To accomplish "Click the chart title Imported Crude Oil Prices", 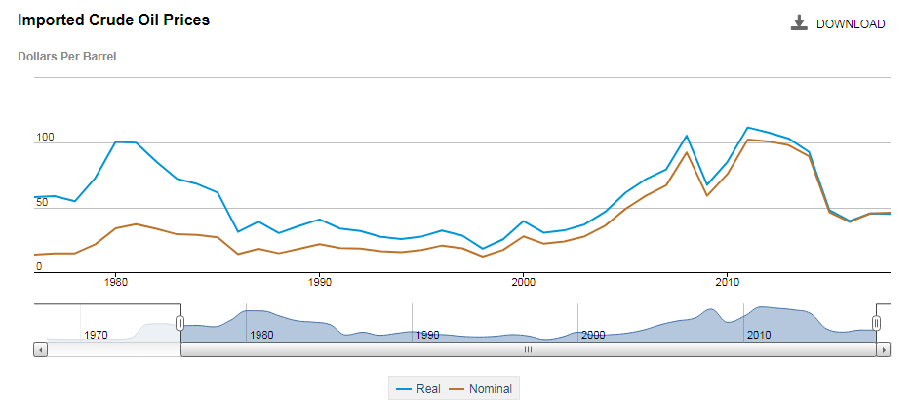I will point(114,20).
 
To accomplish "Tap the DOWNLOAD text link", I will point(851,24).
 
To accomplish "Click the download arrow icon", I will point(799,23).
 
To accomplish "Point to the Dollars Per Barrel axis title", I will point(67,57).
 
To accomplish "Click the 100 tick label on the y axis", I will point(45,138).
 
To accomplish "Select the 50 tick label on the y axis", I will point(42,203).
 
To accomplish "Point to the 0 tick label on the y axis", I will point(39,266).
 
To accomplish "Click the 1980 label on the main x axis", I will point(116,282).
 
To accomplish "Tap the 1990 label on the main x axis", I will point(320,282).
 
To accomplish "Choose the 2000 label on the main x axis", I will point(524,282).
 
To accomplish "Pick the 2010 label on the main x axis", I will point(728,282).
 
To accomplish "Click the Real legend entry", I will point(419,389).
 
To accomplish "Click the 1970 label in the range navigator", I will point(96,335).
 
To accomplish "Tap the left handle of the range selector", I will point(180,323).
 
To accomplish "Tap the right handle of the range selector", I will point(876,323).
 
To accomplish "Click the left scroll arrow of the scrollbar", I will point(40,348).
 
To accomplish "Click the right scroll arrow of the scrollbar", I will point(884,348).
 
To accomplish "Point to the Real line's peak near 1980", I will point(116,141).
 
